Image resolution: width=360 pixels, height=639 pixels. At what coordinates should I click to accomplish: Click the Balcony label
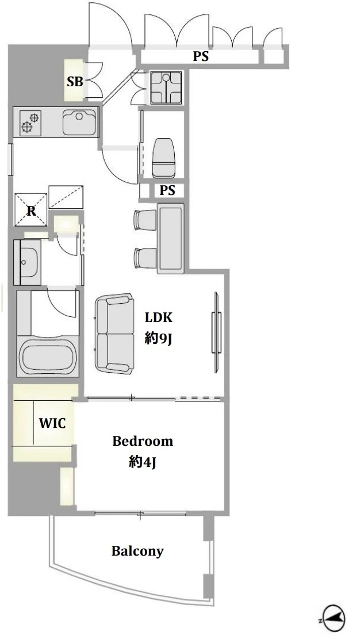coord(137,551)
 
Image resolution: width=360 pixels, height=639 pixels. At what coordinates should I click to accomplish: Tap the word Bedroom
coord(143,441)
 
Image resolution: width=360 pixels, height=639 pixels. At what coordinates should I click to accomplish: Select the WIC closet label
coord(52,423)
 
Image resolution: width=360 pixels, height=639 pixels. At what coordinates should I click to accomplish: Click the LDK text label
coord(159,317)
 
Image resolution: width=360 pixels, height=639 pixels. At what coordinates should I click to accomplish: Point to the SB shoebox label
coord(75,82)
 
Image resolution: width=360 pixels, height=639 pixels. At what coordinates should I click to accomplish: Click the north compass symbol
coord(334,616)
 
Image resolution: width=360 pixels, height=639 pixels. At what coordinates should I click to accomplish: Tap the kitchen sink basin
coord(79,121)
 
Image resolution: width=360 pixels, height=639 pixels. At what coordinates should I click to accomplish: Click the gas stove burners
coord(30,123)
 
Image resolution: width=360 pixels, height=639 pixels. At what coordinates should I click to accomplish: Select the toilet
coord(163,158)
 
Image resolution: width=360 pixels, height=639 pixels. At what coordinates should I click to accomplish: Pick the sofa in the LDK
coord(114,334)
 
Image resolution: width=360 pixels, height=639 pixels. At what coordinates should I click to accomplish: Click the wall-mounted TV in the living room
coord(216,332)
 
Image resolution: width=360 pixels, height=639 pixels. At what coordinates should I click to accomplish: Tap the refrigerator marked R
coord(31,209)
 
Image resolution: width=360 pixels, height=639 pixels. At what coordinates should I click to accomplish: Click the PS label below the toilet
coord(167,190)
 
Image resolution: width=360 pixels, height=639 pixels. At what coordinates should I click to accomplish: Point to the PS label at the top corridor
coord(201,56)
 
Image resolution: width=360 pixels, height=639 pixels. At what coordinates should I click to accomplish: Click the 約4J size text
coord(143,462)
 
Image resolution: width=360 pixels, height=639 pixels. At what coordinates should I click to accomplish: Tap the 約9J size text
coord(158,338)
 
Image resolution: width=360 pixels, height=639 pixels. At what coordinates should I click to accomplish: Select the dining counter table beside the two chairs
coord(170,238)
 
